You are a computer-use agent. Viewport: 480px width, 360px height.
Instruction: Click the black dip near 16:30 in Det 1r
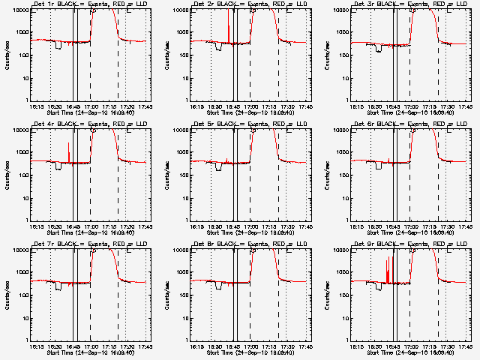tap(58, 46)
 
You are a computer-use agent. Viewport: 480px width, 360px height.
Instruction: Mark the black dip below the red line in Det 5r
tap(218, 167)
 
